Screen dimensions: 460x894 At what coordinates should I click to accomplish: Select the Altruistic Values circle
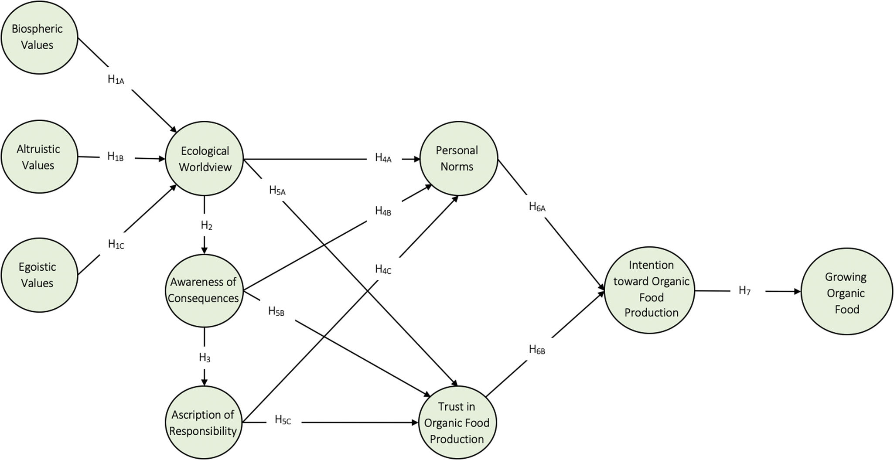click(39, 157)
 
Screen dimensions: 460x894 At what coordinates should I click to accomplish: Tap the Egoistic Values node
click(39, 275)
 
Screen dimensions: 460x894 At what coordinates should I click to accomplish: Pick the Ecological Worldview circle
click(204, 159)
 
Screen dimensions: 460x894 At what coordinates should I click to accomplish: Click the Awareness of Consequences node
click(204, 290)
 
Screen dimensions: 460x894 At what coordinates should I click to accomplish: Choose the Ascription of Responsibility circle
click(203, 423)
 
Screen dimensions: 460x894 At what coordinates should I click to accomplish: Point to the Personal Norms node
click(458, 158)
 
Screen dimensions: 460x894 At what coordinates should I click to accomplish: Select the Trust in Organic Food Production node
click(457, 423)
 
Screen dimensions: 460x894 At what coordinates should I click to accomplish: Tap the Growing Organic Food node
click(846, 293)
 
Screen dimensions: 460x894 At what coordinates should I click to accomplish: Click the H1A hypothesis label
click(116, 80)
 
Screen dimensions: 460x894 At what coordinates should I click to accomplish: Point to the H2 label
click(206, 225)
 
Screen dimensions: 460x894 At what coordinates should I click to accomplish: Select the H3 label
click(205, 358)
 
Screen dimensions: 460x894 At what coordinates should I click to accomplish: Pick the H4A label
click(383, 158)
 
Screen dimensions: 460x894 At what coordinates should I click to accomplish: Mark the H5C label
click(283, 420)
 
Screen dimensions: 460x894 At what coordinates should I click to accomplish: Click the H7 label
click(744, 291)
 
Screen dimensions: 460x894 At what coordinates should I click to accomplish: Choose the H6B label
click(537, 350)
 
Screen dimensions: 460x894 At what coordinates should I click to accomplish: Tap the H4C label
click(383, 269)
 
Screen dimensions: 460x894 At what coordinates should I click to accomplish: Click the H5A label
click(277, 191)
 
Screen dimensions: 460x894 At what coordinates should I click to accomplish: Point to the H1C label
click(116, 244)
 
